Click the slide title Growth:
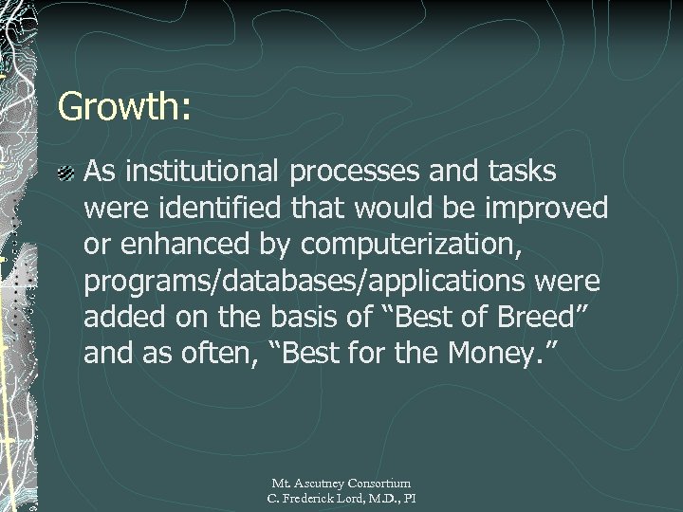[x=124, y=106]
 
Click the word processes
[x=370, y=174]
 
